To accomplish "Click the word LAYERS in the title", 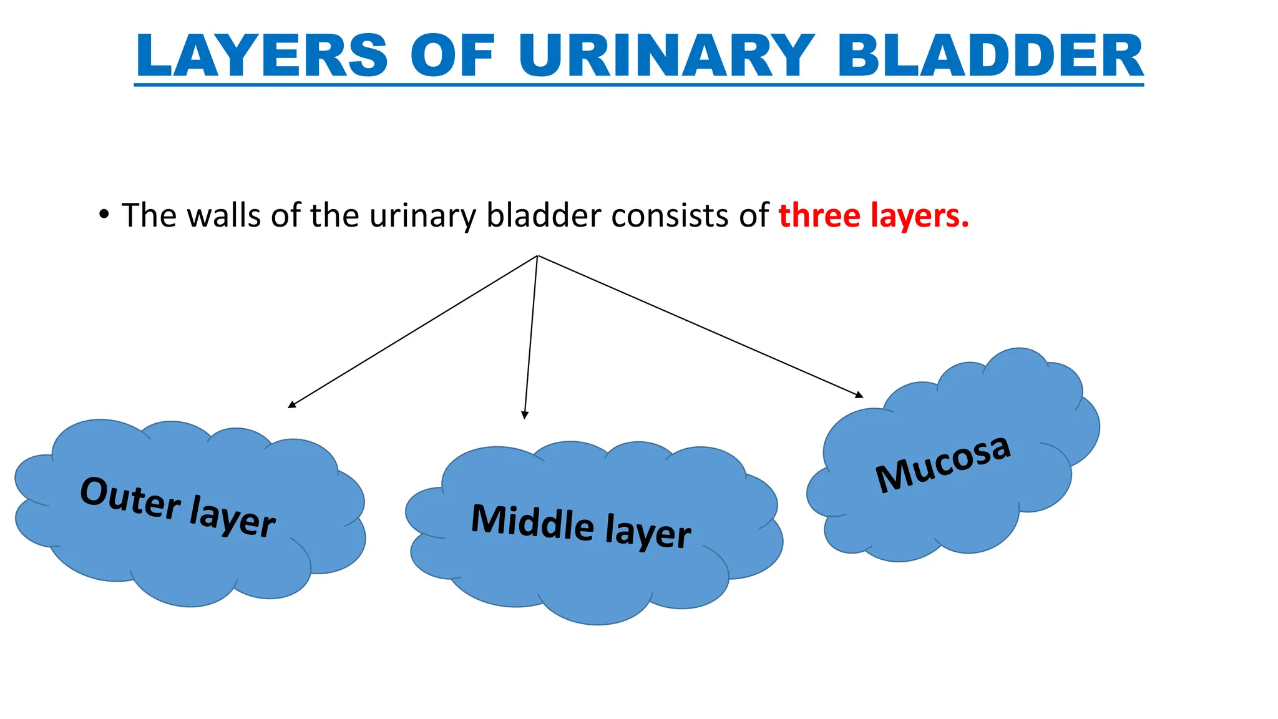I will pos(262,56).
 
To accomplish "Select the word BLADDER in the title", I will pos(990,56).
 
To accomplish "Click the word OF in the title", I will pos(453,56).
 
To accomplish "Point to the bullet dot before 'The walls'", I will pos(104,215).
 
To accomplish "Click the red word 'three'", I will pos(819,215).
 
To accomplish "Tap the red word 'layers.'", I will pos(920,217).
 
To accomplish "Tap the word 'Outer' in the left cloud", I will pos(130,500).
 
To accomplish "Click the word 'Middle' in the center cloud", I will pos(532,522).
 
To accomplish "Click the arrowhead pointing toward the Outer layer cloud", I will pos(291,405).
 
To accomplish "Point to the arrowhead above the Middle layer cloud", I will pos(525,415).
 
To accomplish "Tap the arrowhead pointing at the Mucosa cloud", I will pos(860,394).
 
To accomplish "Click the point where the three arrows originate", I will pos(537,255).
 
